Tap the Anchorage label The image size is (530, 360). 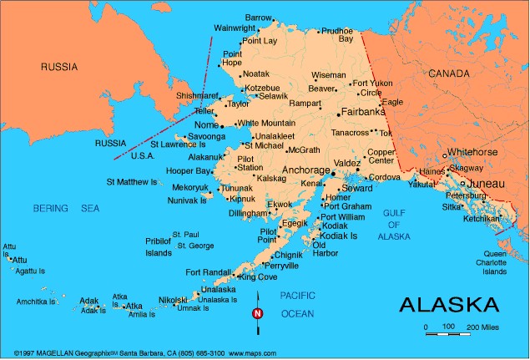[306, 170]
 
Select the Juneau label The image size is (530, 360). [487, 182]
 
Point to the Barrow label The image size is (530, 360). [259, 18]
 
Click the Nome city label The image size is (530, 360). [205, 124]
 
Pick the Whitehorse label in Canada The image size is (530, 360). [472, 152]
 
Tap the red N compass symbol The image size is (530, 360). [257, 313]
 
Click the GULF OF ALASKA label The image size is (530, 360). [394, 225]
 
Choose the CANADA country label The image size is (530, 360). [449, 74]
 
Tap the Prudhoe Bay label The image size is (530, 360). [337, 35]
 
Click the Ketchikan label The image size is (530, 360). [482, 218]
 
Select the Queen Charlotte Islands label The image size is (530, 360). [495, 262]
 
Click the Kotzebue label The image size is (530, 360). [262, 88]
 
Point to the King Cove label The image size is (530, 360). [260, 276]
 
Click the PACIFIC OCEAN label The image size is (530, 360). [297, 304]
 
